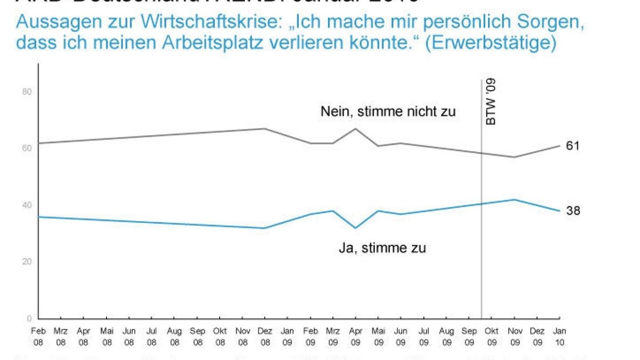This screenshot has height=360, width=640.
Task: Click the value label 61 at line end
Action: coord(573,146)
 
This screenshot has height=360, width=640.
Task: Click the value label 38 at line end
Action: coord(573,211)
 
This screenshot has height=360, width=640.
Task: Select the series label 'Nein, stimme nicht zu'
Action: coord(388,111)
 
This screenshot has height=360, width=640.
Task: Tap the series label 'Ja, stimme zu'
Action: coord(382,248)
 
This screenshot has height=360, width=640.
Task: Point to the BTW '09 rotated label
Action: coord(491,102)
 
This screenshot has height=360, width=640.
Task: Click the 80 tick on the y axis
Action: coord(28,92)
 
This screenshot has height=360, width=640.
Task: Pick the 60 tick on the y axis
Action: coord(28,148)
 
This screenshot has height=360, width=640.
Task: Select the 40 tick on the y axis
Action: coord(28,205)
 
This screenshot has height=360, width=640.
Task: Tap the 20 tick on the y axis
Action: coord(28,261)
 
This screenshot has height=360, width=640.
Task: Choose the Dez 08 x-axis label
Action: coord(265,337)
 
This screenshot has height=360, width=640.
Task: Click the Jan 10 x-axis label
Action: coord(560,337)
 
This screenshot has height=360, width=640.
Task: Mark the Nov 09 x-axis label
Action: coord(514,337)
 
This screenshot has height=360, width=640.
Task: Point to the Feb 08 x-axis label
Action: coord(38,337)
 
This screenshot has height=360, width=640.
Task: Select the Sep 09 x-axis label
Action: coord(469,337)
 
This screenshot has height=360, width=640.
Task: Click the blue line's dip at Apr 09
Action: coord(355,228)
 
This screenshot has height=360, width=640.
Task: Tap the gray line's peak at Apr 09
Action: coord(355,129)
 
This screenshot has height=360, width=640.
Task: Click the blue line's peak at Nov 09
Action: coord(514,199)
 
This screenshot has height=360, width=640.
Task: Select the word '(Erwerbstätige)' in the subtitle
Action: coord(487,43)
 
